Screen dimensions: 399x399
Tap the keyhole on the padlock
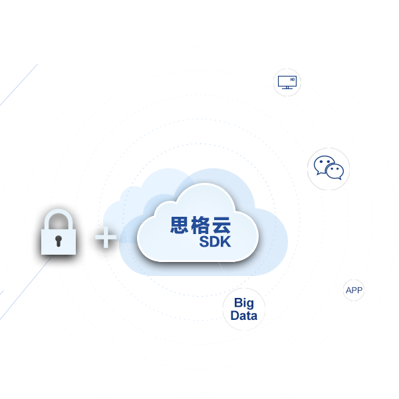tap(59, 240)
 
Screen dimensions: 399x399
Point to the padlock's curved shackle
tap(59, 218)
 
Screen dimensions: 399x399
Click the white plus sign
tap(106, 237)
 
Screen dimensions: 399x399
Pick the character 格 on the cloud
tap(201, 225)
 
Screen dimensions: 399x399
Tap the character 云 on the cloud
tap(221, 225)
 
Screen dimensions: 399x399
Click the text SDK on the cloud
tap(215, 242)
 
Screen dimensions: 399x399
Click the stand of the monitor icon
tap(287, 88)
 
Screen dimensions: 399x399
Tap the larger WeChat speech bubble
tap(324, 164)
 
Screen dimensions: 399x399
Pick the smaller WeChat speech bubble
tap(334, 172)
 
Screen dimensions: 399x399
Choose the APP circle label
tap(354, 291)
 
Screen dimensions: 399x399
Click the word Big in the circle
tap(243, 304)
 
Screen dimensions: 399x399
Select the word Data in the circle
tap(243, 316)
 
